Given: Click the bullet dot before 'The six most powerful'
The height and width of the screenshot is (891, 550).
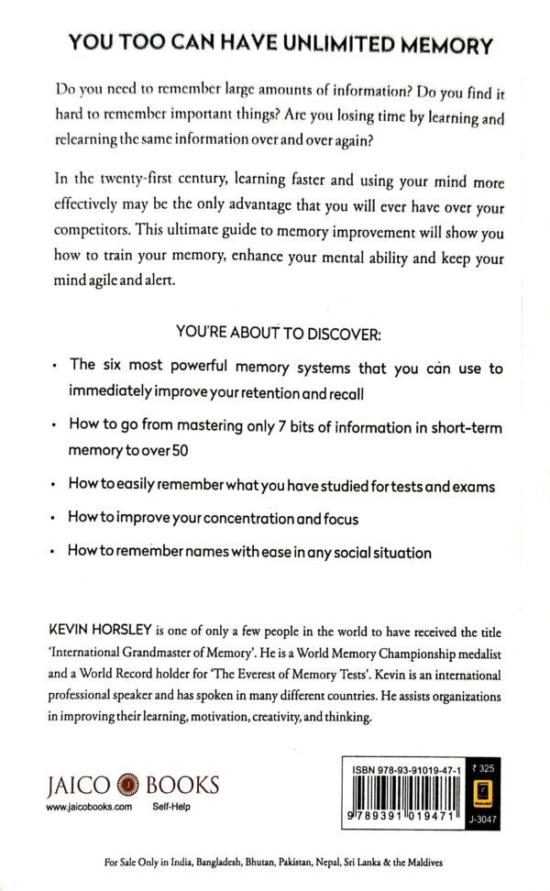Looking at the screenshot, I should (x=57, y=365).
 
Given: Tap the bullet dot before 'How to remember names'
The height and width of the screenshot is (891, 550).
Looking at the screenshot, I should (x=57, y=553).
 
